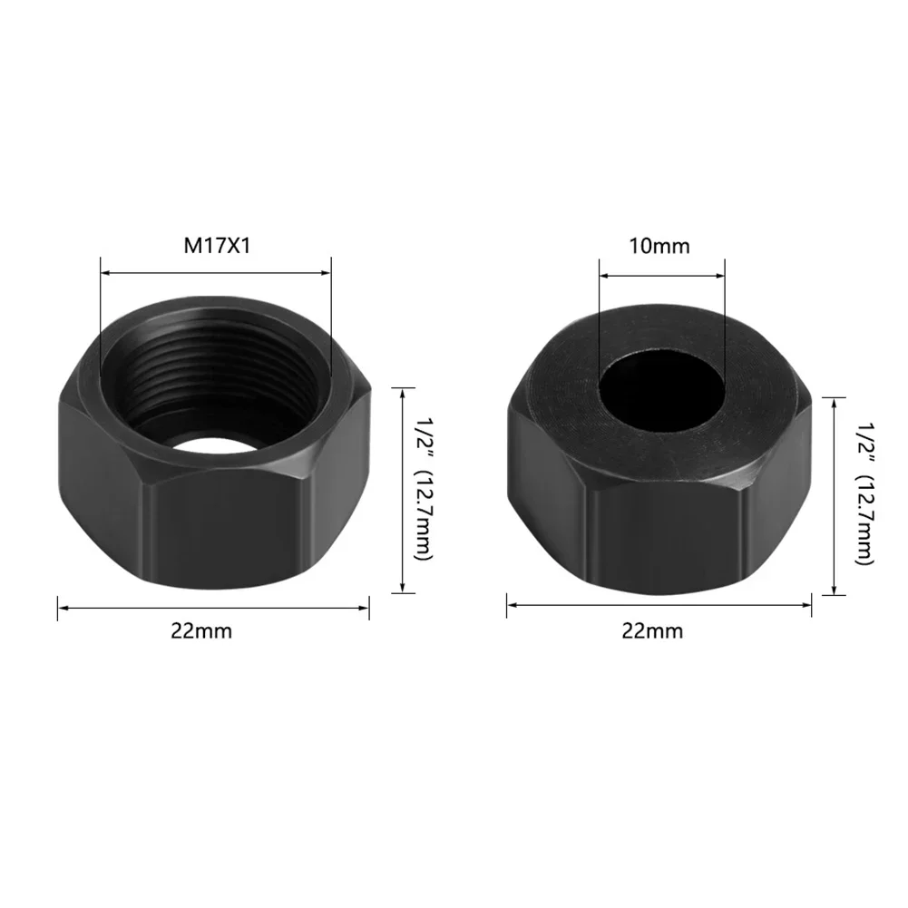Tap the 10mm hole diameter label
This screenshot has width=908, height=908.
[x=661, y=245]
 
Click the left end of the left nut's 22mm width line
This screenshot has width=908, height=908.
[x=60, y=607]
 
